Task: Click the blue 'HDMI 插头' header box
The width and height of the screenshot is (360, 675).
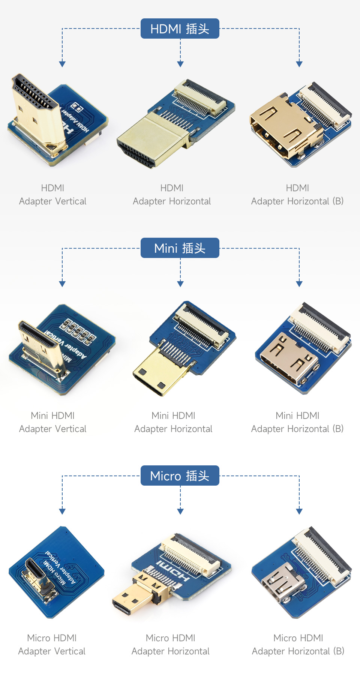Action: pyautogui.click(x=180, y=28)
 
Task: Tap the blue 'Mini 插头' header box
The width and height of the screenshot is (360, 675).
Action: pyautogui.click(x=180, y=248)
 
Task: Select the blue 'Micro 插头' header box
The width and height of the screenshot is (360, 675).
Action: pyautogui.click(x=180, y=475)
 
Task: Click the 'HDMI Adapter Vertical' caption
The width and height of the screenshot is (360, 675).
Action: pyautogui.click(x=52, y=195)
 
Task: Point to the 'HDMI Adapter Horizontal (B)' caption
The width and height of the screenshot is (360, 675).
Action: pyautogui.click(x=297, y=195)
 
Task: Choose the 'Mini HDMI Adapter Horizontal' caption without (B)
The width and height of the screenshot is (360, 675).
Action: pyautogui.click(x=173, y=422)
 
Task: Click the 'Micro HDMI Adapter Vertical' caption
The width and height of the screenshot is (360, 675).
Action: pyautogui.click(x=52, y=645)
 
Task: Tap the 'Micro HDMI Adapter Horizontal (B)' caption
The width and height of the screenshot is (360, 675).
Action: pyautogui.click(x=298, y=645)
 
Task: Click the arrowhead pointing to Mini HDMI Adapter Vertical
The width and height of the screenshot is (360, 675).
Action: pyautogui.click(x=62, y=284)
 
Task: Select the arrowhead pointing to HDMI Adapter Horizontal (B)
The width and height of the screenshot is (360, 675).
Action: pyautogui.click(x=299, y=64)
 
